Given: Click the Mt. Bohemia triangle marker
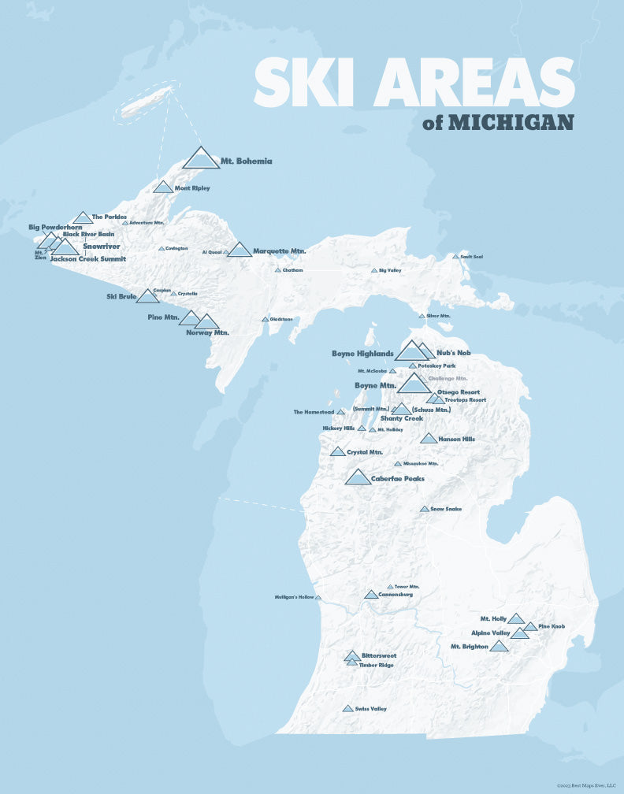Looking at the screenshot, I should point(201,159).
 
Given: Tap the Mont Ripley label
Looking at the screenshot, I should point(192,189).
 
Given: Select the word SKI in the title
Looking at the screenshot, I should point(302,84).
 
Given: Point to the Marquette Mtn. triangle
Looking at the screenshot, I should point(240,250).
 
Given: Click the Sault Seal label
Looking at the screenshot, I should point(472,257).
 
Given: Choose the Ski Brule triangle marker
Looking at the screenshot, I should point(147,297).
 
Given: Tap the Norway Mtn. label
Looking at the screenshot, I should point(207,332).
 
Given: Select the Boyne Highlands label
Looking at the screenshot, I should point(362,354).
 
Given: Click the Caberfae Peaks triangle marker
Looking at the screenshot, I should point(358,477).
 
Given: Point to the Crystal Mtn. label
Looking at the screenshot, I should point(365,452).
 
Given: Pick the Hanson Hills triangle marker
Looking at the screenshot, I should point(428,439).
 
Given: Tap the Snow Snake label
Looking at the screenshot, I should point(446,509).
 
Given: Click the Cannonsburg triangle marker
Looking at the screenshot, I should point(371,595).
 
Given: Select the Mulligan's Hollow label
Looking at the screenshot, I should point(294,598).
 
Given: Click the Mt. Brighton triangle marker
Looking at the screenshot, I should point(499,647).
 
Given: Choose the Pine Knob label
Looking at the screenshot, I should point(552,627).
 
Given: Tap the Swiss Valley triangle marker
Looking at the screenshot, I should point(347,709).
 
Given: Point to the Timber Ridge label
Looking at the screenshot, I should point(376,666).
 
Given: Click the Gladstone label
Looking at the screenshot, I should point(281,320).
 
